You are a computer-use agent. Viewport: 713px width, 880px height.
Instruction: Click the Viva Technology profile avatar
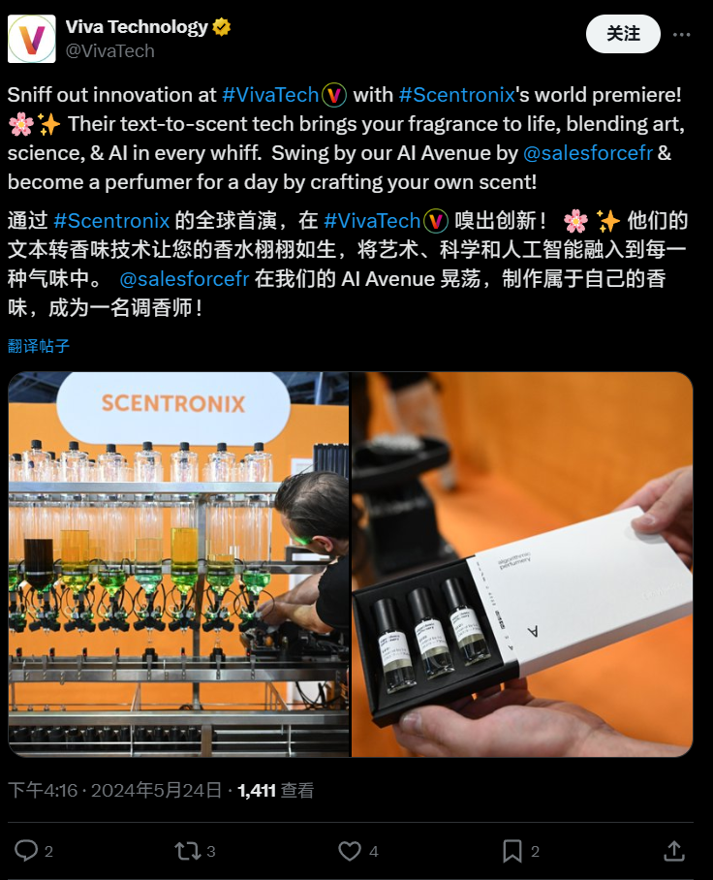click(x=32, y=39)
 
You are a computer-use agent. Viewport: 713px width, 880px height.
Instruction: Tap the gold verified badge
click(x=222, y=27)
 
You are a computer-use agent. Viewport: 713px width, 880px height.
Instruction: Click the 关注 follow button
click(x=623, y=34)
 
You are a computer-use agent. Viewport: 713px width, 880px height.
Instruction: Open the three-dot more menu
click(x=682, y=34)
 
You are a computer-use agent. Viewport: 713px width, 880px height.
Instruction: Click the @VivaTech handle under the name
click(x=109, y=51)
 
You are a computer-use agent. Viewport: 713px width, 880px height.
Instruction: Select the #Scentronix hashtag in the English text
click(x=455, y=95)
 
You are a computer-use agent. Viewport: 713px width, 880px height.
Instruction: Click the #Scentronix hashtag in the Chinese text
click(x=111, y=221)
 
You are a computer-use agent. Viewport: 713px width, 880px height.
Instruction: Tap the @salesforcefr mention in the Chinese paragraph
click(x=184, y=280)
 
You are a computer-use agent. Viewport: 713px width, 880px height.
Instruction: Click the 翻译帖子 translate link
click(x=39, y=346)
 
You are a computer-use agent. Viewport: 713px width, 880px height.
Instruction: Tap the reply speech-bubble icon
click(x=26, y=851)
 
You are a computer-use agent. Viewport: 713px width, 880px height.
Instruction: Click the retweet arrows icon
click(x=186, y=851)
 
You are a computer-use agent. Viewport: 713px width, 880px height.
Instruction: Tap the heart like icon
click(x=349, y=851)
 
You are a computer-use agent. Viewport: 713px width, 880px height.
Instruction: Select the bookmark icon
click(x=511, y=851)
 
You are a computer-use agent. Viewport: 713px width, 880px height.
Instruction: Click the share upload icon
click(x=673, y=851)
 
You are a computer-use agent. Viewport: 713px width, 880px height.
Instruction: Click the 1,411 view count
click(x=257, y=791)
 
